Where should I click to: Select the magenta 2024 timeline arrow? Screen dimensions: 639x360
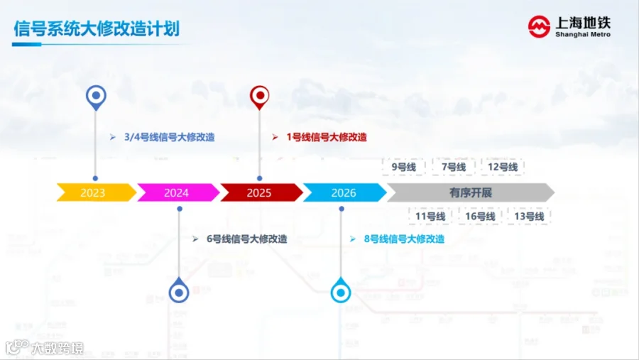pyautogui.click(x=178, y=192)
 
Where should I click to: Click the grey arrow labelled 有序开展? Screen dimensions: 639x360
pyautogui.click(x=471, y=192)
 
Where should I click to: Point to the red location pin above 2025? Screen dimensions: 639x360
pyautogui.click(x=260, y=97)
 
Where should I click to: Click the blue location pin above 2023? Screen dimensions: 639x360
pyautogui.click(x=96, y=98)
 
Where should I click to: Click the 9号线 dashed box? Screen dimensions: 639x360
pyautogui.click(x=403, y=167)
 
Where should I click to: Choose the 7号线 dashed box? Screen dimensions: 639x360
pyautogui.click(x=453, y=167)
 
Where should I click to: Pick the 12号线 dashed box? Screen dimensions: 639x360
pyautogui.click(x=503, y=167)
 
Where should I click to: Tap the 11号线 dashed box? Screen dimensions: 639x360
pyautogui.click(x=430, y=216)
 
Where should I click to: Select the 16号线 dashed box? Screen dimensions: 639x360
pyautogui.click(x=480, y=216)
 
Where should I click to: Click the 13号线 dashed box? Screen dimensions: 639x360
pyautogui.click(x=530, y=216)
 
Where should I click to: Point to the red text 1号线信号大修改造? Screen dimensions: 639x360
pyautogui.click(x=327, y=137)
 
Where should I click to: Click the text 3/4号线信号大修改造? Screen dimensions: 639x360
pyautogui.click(x=170, y=137)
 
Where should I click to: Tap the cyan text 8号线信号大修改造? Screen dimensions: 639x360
pyautogui.click(x=404, y=239)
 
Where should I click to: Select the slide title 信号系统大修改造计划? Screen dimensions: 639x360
pyautogui.click(x=97, y=28)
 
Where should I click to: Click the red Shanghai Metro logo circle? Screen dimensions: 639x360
pyautogui.click(x=539, y=27)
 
